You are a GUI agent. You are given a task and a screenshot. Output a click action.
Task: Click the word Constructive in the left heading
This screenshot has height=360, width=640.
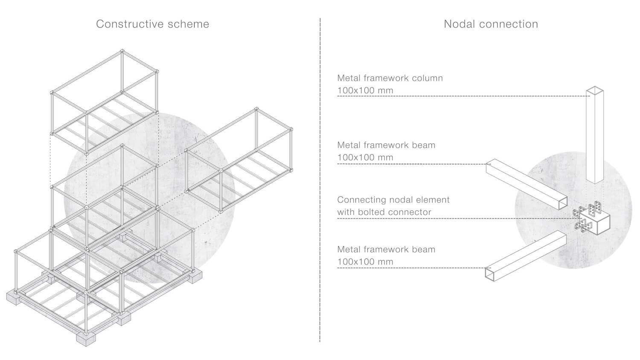[130, 24]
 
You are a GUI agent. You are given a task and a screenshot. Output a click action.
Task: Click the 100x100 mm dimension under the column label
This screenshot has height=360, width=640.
[365, 90]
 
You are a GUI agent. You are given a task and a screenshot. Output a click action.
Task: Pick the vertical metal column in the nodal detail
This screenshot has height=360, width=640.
[595, 134]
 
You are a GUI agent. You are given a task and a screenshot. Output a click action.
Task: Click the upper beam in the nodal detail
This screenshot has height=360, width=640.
[527, 184]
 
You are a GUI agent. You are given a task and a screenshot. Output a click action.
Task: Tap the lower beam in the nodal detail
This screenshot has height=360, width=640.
[526, 256]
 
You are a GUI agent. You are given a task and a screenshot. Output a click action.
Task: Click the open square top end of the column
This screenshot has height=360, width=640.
[595, 90]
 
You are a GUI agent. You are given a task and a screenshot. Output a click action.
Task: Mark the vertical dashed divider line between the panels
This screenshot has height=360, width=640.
[320, 180]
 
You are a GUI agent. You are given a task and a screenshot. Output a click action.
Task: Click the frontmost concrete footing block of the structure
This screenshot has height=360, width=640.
[86, 339]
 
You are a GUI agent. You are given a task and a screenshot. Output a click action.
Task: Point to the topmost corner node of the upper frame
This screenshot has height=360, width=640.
[122, 51]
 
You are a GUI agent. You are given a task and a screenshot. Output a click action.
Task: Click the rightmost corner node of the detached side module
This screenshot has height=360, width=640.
[291, 129]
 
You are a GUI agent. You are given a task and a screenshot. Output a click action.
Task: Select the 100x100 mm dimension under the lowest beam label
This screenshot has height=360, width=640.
[365, 262]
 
